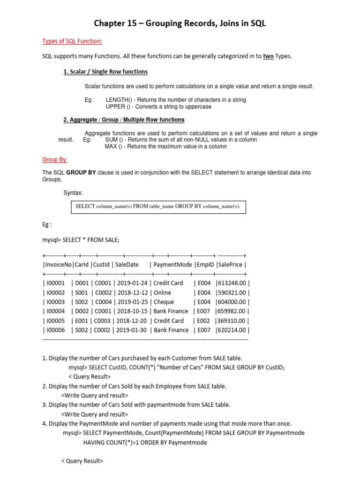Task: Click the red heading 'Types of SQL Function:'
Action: click(x=72, y=42)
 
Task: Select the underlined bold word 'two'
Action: click(x=268, y=56)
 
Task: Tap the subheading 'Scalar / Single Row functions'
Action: click(x=105, y=72)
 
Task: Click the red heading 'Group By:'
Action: click(x=55, y=159)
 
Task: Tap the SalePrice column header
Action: click(x=230, y=264)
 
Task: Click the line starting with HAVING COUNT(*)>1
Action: click(x=145, y=442)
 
